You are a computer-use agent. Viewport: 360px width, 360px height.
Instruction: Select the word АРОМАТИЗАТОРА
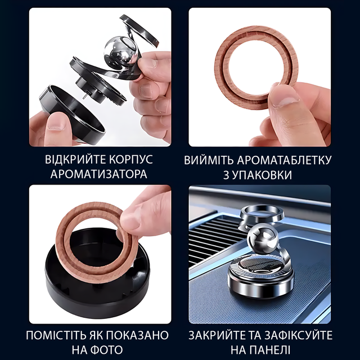99,174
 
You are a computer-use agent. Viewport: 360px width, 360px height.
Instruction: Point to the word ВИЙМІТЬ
209,160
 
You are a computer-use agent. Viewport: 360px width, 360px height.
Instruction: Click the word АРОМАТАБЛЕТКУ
285,160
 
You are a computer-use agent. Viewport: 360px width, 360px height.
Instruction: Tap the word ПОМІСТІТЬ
56,335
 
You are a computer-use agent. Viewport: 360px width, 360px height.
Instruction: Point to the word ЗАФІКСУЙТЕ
299,335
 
